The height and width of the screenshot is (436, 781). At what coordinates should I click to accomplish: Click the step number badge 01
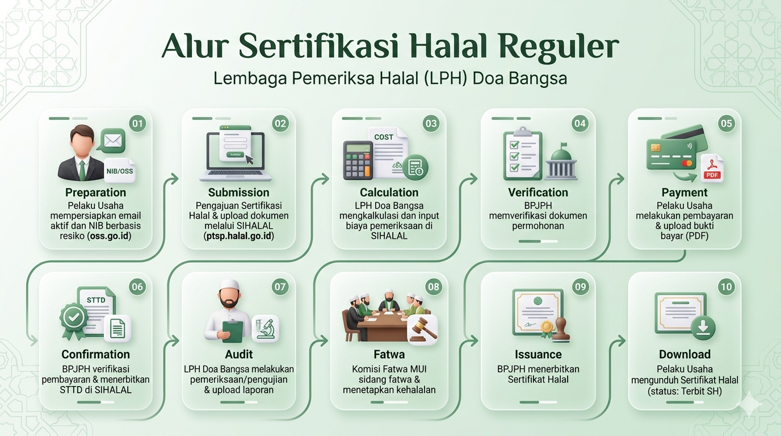coord(137,123)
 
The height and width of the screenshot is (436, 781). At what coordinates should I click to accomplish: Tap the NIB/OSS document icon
coord(120,170)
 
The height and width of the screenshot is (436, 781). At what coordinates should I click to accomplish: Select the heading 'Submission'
coord(238,192)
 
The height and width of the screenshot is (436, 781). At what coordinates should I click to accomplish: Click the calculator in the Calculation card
coord(358,160)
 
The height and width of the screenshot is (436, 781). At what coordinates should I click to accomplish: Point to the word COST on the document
coord(384,137)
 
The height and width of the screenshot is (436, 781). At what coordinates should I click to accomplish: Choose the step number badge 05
coord(726,123)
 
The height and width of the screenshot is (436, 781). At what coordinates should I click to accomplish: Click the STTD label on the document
coord(96,300)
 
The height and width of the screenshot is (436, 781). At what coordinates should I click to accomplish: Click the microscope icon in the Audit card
coord(265,329)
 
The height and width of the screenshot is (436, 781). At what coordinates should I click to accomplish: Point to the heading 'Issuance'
coord(538,355)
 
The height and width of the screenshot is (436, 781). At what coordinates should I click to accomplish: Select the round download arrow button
coord(703,328)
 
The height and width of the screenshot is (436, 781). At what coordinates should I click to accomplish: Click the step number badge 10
coord(726,287)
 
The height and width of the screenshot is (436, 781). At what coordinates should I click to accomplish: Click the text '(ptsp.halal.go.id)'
coord(238,236)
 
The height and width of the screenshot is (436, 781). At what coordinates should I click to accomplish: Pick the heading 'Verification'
coord(538,192)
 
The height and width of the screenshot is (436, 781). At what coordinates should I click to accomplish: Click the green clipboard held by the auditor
coord(233,331)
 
